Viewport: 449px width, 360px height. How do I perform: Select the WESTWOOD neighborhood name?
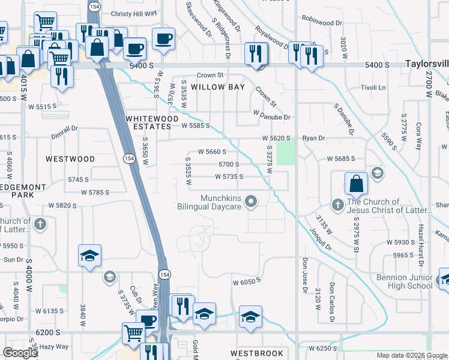coord(70,159)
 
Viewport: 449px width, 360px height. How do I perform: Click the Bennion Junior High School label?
coord(404,281)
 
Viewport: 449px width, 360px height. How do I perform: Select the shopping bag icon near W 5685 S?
coord(356,184)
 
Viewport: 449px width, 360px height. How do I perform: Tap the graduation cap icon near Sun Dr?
coord(89,255)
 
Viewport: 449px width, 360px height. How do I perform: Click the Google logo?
coord(20,353)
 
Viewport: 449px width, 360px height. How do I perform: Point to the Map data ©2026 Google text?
coord(412,355)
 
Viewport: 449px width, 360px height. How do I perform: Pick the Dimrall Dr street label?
coord(64,128)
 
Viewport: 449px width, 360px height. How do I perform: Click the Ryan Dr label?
coord(313,138)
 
